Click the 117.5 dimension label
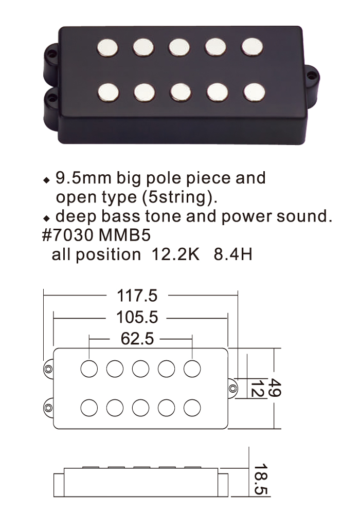(137, 296)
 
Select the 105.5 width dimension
(137, 317)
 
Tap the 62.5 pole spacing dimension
(137, 339)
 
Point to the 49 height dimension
(275, 388)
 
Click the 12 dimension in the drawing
(257, 389)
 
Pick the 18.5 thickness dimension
(261, 479)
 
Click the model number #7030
(68, 235)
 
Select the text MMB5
(124, 235)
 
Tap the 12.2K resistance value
(175, 254)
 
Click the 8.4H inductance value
(233, 254)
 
